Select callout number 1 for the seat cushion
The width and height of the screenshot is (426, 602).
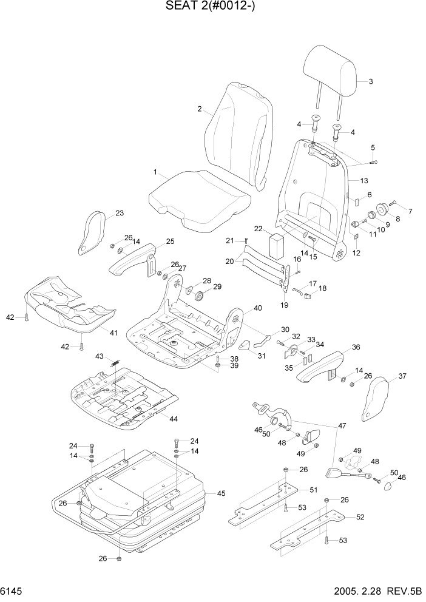[155, 172]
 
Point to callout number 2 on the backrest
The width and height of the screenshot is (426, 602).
[199, 109]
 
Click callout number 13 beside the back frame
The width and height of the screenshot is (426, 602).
[364, 181]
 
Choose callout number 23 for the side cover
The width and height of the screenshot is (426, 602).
[119, 213]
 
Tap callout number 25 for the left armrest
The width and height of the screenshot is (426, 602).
[170, 242]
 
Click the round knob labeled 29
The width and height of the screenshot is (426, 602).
[198, 296]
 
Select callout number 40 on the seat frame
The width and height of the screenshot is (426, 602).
[258, 308]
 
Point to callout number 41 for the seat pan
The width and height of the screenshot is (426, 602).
[113, 332]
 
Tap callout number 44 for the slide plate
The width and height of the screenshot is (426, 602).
[174, 419]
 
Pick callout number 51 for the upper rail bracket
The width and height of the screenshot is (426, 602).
[313, 490]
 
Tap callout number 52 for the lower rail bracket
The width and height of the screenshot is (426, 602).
[360, 517]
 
